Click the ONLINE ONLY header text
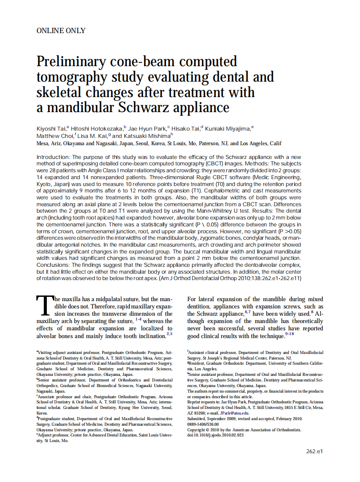[61, 31]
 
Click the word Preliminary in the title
[73, 62]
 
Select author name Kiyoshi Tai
[50, 128]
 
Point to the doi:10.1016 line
[215, 435]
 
